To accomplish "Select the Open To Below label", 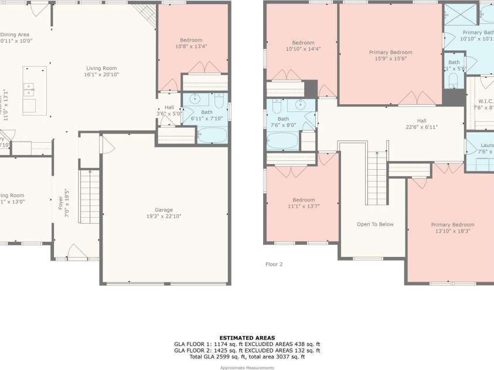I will [x=375, y=224].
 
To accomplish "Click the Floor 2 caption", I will [x=274, y=265].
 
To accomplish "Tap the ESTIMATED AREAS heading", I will [x=247, y=338].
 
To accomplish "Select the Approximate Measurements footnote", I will [x=247, y=368].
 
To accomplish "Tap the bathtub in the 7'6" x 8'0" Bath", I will [x=283, y=141].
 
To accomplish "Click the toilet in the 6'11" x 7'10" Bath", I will [x=219, y=102].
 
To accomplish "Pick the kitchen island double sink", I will [x=28, y=90].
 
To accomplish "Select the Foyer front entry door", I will [x=77, y=253].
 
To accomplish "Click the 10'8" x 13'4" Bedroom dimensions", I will [x=191, y=46].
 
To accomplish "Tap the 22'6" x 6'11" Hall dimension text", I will [x=421, y=127].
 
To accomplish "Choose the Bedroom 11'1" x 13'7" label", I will [x=304, y=203].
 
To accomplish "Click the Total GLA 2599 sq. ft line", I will [x=247, y=357].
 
